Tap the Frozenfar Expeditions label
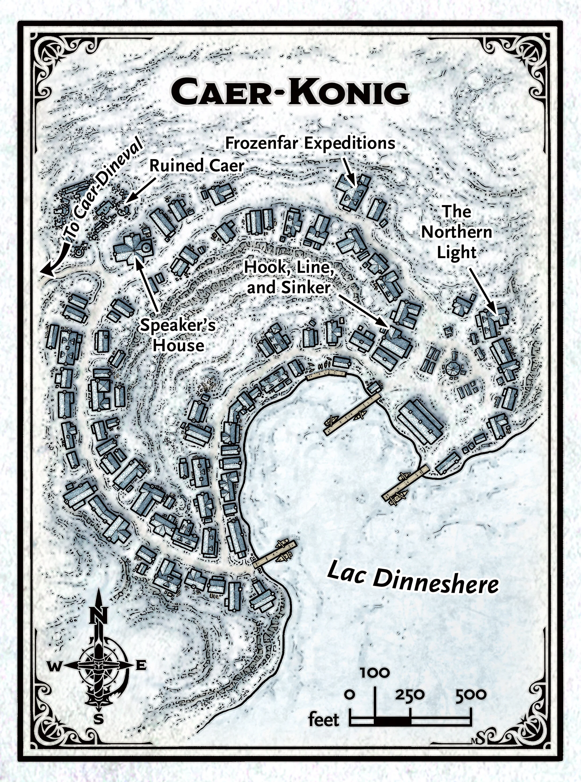(310, 143)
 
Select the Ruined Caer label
(197, 166)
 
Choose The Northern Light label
(457, 232)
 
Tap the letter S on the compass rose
(99, 719)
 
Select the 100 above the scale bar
(375, 673)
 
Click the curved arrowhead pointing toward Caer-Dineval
(45, 272)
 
